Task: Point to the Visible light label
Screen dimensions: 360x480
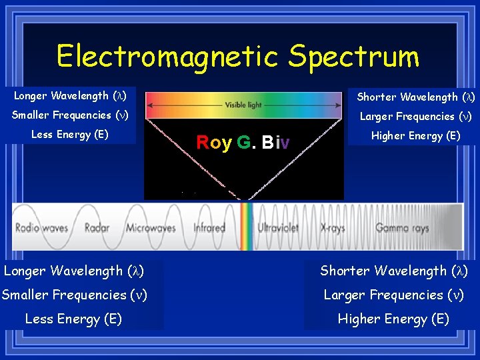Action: tap(244, 105)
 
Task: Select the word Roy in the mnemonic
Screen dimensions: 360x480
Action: tap(214, 143)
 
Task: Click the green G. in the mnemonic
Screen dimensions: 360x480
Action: tap(244, 143)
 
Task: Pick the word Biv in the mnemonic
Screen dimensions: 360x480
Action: tap(275, 143)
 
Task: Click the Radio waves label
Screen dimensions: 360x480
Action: tap(42, 227)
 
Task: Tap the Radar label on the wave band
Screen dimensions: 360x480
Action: tap(97, 227)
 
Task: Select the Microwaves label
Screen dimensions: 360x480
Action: tap(150, 227)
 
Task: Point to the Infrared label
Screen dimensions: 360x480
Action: tap(209, 227)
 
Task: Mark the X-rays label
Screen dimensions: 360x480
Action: tap(333, 227)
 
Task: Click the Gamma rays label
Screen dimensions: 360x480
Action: tap(401, 227)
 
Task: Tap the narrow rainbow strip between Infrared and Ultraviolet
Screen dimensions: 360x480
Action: tap(246, 226)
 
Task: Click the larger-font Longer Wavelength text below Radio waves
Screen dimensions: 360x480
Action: tap(74, 271)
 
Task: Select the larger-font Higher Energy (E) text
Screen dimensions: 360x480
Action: tap(393, 319)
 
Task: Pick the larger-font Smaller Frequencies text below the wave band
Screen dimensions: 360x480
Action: tap(74, 295)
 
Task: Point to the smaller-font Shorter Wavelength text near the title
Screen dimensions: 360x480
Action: tap(415, 97)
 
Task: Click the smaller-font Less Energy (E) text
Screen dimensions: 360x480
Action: tap(69, 135)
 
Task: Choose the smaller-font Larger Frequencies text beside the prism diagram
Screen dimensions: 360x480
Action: tap(416, 116)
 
